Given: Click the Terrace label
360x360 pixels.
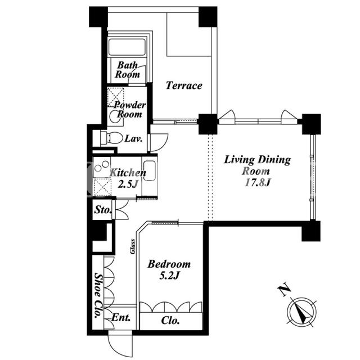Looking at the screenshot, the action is pos(184,85).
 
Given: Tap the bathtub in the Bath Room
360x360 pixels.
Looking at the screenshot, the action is pos(127,47).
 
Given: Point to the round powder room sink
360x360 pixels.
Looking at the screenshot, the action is pos(114,116).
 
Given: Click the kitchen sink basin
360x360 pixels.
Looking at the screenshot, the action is pos(150,171).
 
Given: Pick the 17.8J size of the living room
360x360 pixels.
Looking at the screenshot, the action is pos(258,183).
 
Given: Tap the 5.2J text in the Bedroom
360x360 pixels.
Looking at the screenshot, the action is pos(169,276).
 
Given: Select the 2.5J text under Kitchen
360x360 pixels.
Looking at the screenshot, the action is pos(128,184).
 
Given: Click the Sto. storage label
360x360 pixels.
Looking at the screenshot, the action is pos(103,210).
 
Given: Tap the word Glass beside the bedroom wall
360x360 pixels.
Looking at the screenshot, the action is pos(133,246).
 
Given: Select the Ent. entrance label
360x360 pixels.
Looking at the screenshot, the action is pos(121,317).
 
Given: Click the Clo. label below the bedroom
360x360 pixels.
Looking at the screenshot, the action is pos(170,321).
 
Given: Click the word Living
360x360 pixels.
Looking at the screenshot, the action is pos(239,160).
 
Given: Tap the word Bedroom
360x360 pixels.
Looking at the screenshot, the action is pos(169,264).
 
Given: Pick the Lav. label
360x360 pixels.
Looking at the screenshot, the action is pos(134,138).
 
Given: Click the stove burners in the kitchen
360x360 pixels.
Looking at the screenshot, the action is pos(102,166).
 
